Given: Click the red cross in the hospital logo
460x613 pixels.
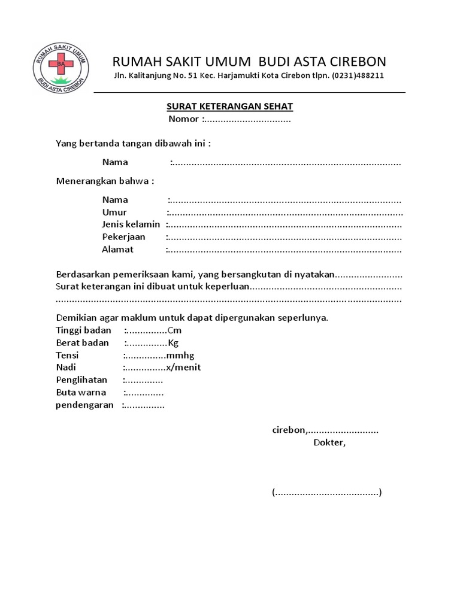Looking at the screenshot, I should click(60, 62).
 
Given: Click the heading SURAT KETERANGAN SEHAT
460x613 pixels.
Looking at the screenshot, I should click(229, 107).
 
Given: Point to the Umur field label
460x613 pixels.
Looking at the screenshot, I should click(114, 212).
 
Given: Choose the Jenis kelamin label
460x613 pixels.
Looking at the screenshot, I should click(131, 224).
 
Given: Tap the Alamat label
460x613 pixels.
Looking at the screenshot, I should click(117, 250).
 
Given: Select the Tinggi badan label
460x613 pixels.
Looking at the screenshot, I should click(83, 331).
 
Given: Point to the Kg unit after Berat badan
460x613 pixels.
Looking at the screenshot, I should click(173, 343).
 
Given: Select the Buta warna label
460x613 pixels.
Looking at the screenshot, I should click(81, 393).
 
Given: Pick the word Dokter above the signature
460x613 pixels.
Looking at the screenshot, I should click(329, 443).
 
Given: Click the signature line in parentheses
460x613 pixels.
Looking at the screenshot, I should click(326, 493).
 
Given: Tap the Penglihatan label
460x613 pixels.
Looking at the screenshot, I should click(81, 380).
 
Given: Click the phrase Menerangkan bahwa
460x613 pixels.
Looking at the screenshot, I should click(105, 181).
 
